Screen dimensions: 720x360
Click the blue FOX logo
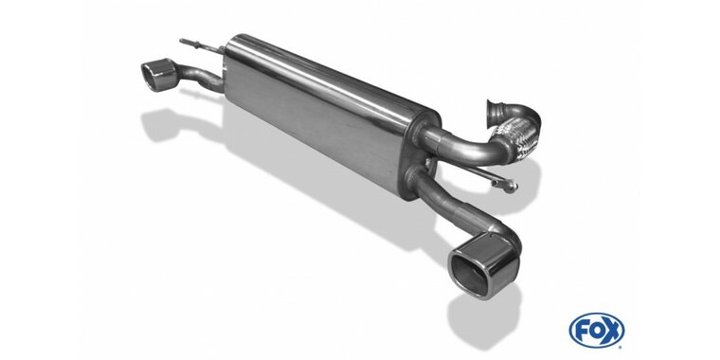[x=597, y=330]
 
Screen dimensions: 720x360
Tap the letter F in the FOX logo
[x=581, y=330]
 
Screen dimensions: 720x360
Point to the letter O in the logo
[x=597, y=330]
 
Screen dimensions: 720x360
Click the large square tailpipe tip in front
[x=484, y=265]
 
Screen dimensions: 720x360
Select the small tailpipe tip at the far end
[x=158, y=75]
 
